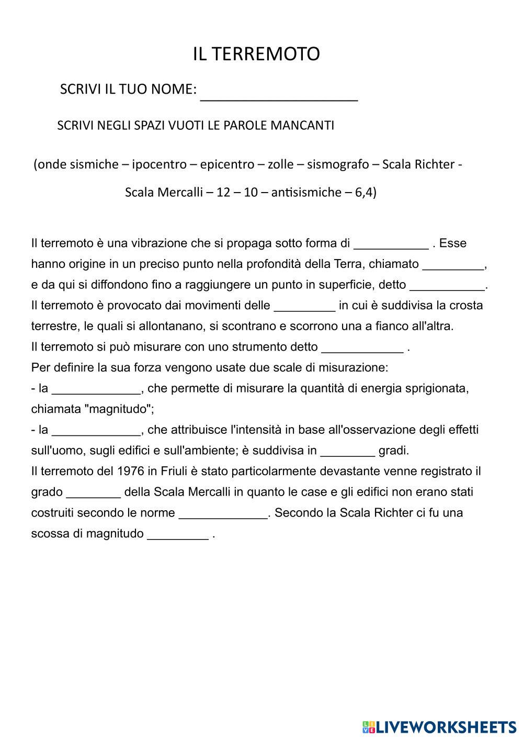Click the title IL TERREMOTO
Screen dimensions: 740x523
click(256, 54)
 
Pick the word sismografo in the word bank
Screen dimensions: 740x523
click(337, 164)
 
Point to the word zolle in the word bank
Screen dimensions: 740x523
click(281, 164)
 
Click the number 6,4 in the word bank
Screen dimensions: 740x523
click(365, 192)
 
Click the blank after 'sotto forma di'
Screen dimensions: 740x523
click(391, 244)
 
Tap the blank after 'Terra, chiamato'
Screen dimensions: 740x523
click(453, 265)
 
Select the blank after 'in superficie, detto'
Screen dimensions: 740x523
click(447, 285)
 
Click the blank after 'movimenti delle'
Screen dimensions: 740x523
click(304, 306)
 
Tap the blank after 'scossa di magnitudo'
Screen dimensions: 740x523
click(178, 534)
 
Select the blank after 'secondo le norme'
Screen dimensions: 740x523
click(223, 513)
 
